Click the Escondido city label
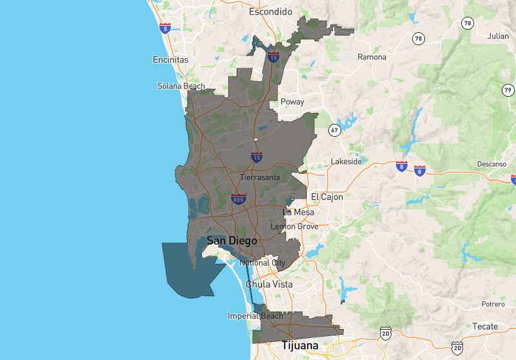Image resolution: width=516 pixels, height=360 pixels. click(271, 12)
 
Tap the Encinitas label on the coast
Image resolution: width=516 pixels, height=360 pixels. click(170, 59)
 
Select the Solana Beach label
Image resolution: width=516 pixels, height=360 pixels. click(181, 86)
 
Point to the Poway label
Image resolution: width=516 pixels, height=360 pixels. click(292, 102)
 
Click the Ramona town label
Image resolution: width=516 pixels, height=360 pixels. click(372, 57)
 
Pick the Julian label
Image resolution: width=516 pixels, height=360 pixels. click(497, 36)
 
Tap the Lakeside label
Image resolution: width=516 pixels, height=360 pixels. click(346, 161)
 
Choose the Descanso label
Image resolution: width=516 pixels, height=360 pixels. click(492, 165)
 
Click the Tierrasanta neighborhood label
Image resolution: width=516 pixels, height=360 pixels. click(260, 177)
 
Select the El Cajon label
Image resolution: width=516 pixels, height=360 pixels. click(327, 197)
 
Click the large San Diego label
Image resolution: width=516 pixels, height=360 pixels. click(232, 241)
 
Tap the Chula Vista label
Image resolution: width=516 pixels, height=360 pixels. click(268, 284)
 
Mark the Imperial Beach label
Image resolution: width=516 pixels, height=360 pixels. click(255, 316)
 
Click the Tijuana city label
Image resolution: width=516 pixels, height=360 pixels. click(299, 346)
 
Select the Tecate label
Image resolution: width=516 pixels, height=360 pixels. click(486, 326)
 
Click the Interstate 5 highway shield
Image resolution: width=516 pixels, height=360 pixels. click(167, 28)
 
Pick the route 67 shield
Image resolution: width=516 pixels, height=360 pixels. click(335, 130)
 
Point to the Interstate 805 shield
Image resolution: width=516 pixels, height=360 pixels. click(238, 199)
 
